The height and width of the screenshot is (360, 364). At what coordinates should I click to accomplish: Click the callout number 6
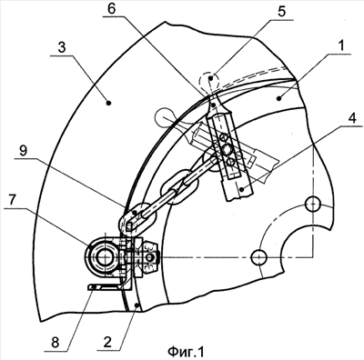pos(111,9)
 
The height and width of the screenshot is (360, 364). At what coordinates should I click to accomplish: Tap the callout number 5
pos(281,12)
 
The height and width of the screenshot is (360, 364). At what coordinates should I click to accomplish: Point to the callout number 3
pos(62,48)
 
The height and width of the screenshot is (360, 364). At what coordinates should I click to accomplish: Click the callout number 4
pos(351,118)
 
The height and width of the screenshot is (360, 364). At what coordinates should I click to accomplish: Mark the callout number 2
pos(107,342)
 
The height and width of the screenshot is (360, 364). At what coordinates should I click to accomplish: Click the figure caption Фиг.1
pos(186,352)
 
